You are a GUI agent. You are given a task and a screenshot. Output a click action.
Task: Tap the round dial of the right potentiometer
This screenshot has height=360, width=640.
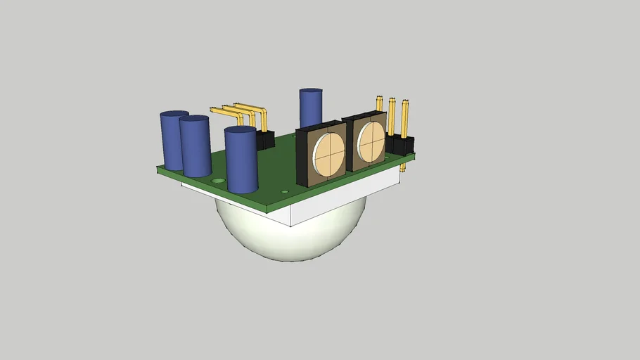click(x=371, y=141)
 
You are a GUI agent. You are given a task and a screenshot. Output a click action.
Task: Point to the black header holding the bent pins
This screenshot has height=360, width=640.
click(x=265, y=139)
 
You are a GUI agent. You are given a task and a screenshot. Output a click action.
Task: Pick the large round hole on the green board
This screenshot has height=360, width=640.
click(x=219, y=181)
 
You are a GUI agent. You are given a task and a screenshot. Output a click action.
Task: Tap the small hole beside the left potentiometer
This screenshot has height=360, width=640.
click(x=285, y=191)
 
